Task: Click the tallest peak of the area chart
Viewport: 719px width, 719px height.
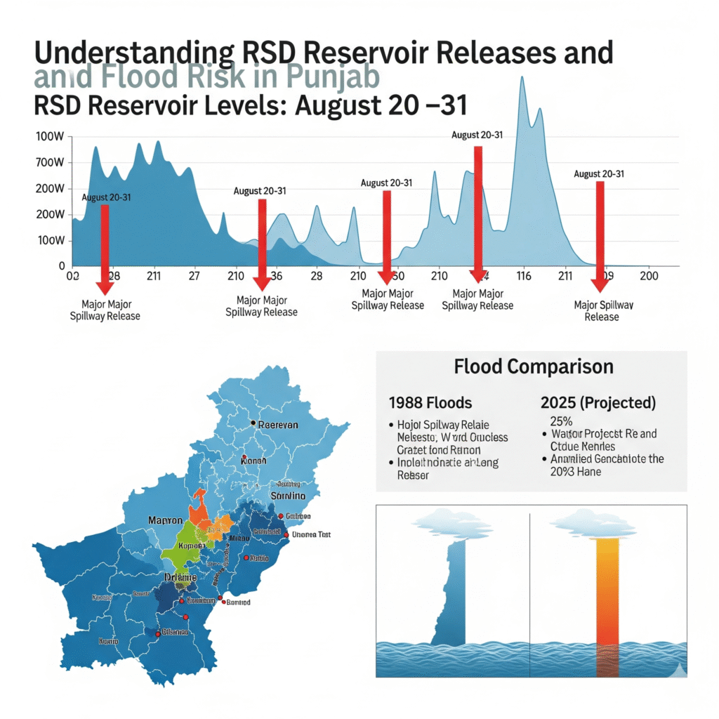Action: (522, 79)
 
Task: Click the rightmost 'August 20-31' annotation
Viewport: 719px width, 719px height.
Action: (599, 174)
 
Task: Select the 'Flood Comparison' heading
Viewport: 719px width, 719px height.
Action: (533, 367)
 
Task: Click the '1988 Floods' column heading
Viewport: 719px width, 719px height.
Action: (430, 403)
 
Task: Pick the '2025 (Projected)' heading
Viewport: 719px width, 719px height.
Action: (598, 403)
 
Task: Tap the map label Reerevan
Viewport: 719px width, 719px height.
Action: (279, 425)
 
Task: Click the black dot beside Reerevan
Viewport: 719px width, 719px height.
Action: (252, 423)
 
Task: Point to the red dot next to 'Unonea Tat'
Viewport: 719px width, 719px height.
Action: (285, 534)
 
